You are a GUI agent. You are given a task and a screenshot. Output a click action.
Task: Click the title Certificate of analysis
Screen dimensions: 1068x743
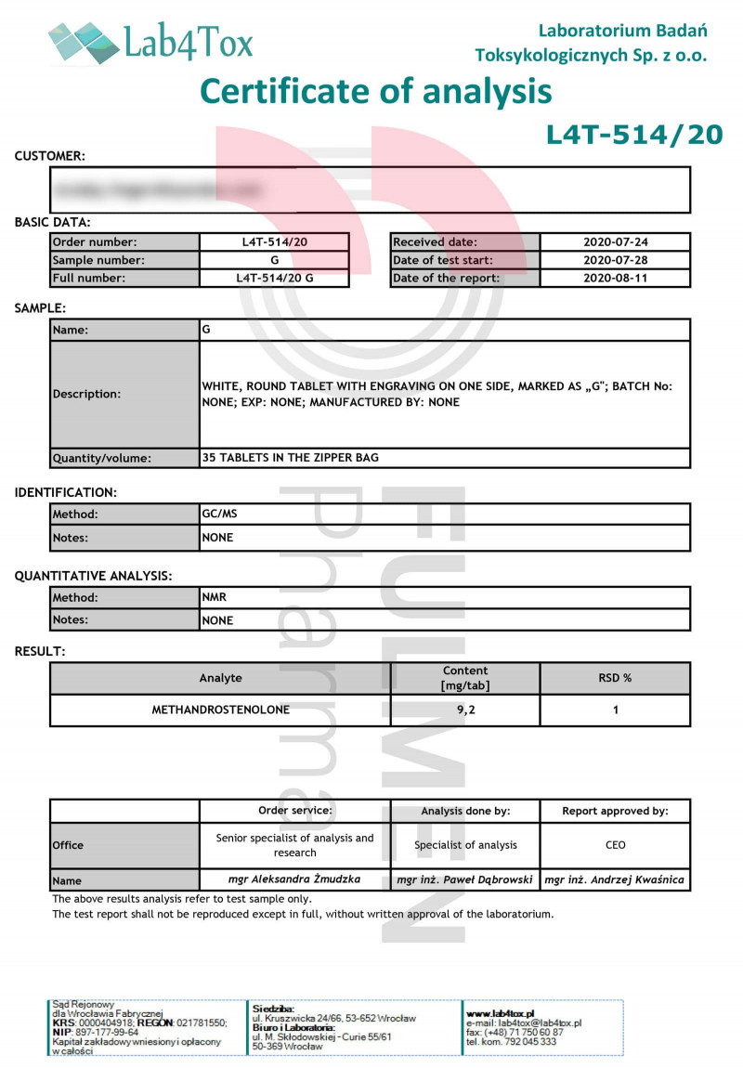tap(376, 91)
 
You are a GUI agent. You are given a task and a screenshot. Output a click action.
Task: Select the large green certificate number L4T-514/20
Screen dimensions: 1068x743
tap(633, 135)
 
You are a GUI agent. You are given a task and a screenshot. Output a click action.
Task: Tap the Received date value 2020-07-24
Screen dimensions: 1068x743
tap(615, 242)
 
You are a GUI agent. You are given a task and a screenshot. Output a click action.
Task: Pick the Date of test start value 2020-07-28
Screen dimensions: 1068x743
tap(615, 260)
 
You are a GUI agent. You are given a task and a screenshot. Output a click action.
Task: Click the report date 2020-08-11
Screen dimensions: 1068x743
tap(615, 278)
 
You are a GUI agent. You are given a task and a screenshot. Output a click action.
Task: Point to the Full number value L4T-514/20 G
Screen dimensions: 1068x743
tap(274, 278)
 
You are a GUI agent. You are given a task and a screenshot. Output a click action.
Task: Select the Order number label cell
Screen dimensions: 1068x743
tap(124, 242)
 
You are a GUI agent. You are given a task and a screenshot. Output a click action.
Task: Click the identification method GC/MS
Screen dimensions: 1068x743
tap(219, 514)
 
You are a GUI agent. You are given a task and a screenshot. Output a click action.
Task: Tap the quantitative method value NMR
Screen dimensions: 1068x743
tap(215, 598)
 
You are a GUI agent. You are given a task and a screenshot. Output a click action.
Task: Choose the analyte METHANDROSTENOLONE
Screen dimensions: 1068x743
tap(220, 710)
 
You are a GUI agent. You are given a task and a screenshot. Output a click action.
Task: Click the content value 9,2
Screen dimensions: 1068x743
tap(465, 710)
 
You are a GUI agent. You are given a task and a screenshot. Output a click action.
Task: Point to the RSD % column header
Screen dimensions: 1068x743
tap(615, 678)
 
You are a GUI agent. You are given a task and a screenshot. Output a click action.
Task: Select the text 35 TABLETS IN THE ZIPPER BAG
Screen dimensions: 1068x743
tap(290, 458)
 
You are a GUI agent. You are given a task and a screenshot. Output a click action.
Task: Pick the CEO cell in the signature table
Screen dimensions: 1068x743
tap(615, 845)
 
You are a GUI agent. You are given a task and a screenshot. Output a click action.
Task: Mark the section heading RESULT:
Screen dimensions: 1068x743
tap(40, 651)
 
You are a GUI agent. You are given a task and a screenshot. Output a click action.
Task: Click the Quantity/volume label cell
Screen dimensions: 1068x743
tap(124, 458)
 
